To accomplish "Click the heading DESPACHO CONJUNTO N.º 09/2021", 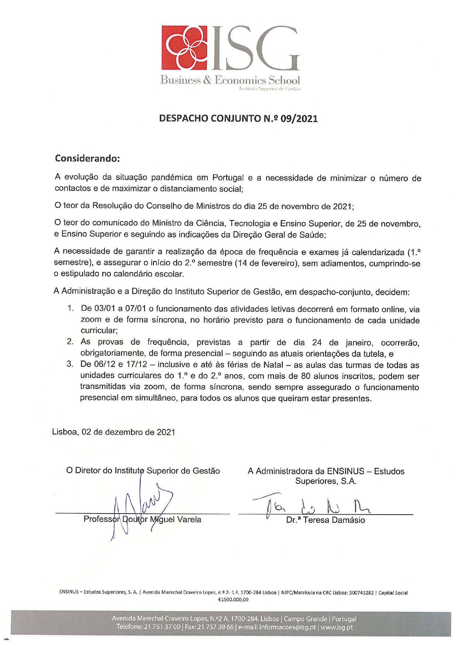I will tap(238, 118).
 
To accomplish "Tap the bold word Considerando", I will tap(87, 158).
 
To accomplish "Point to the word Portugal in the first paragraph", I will tap(228, 178).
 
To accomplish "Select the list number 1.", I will tap(70, 308).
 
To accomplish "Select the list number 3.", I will tap(70, 365).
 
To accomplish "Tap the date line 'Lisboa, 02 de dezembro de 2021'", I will tap(114, 432).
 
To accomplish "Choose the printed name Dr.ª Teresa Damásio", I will tap(325, 520).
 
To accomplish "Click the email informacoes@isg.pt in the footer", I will tap(277, 627).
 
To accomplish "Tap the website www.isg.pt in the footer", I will tap(337, 627).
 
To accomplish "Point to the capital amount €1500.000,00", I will tap(233, 599).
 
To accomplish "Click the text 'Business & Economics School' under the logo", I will tap(230, 80).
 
